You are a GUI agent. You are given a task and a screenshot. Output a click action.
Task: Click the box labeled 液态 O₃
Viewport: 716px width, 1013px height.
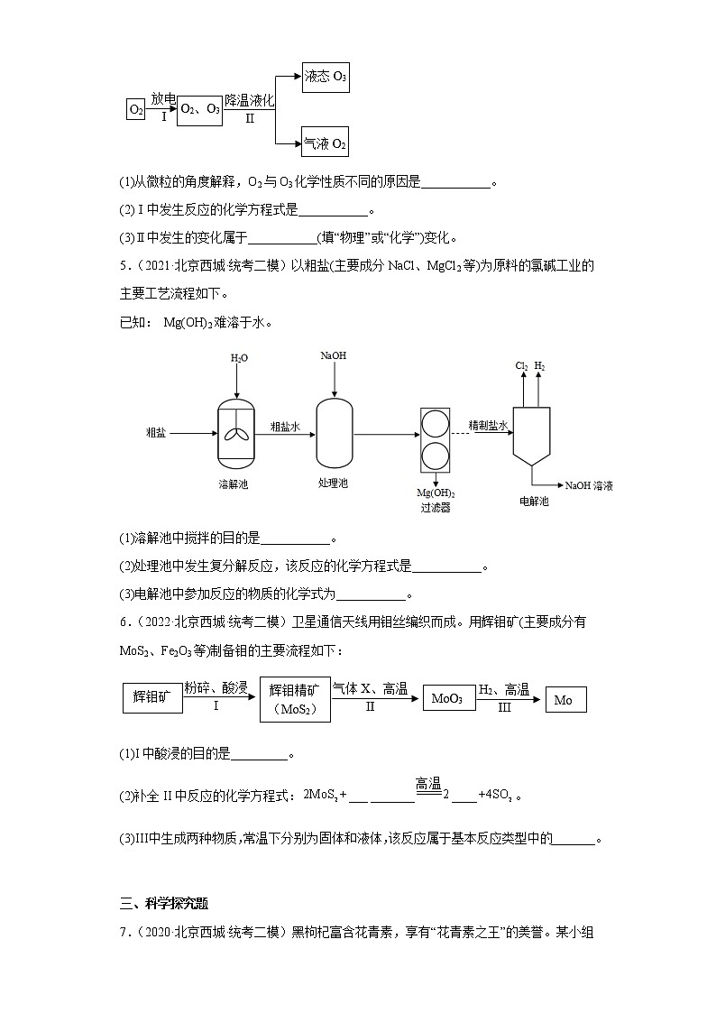326,78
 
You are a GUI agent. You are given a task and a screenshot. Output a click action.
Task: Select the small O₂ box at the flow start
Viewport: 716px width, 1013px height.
136,110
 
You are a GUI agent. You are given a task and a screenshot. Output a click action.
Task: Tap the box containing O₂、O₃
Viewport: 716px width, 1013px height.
199,109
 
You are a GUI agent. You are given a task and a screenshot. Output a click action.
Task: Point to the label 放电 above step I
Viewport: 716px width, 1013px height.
163,98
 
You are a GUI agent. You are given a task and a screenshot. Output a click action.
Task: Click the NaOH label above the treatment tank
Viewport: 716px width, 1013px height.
334,355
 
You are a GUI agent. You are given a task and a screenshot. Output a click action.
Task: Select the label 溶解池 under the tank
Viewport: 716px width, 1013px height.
233,483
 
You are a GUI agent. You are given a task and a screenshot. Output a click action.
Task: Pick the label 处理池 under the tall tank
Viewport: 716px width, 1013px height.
333,483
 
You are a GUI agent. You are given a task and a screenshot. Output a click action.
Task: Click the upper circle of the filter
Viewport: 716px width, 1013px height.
435,424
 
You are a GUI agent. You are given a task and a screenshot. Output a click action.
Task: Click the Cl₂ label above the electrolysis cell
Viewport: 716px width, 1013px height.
521,365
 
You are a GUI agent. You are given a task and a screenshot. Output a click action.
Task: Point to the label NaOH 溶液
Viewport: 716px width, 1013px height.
589,485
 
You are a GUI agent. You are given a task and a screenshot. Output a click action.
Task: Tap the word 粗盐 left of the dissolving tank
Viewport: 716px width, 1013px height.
155,433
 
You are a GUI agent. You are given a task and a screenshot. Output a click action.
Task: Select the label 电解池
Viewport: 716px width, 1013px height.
534,501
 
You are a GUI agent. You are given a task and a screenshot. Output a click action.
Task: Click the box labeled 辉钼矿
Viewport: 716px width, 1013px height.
151,698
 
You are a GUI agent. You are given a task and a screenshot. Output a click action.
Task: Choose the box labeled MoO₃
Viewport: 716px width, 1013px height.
447,699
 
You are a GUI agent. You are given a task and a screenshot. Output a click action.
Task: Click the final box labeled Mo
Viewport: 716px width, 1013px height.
565,699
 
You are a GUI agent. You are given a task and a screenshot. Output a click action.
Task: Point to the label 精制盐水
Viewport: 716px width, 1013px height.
488,424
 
